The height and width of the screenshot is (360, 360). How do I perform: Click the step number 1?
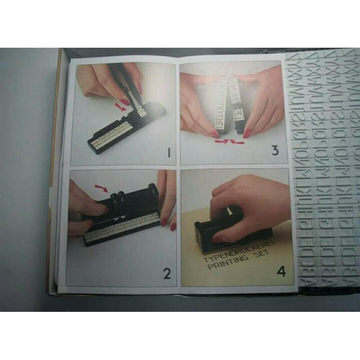pos(168,153)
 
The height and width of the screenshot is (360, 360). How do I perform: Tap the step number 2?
pos(167,273)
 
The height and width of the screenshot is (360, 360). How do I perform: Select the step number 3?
pos(275,150)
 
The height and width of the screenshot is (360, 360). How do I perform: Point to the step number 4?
pos(281,272)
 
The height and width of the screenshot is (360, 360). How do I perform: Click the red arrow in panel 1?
pos(119,106)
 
